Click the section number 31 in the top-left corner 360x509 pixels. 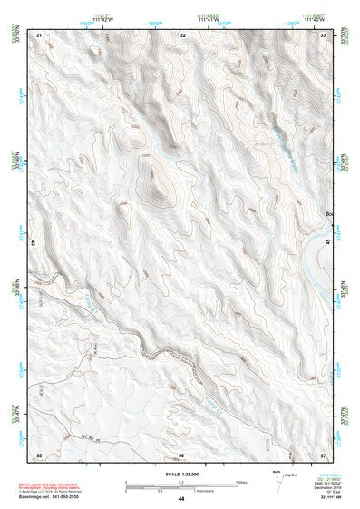39,34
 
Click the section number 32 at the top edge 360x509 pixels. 182,34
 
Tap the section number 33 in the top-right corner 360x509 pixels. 325,34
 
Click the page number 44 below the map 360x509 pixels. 181,499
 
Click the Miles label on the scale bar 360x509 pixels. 241,481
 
